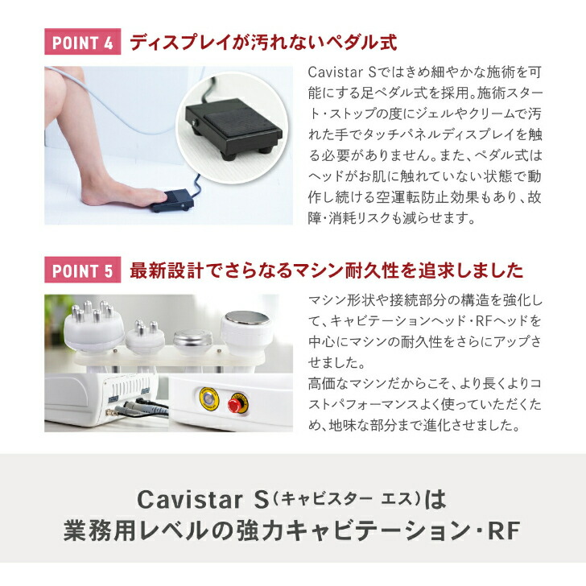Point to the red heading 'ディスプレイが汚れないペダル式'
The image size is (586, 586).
[x=264, y=42]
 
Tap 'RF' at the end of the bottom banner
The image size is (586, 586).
[x=502, y=531]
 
